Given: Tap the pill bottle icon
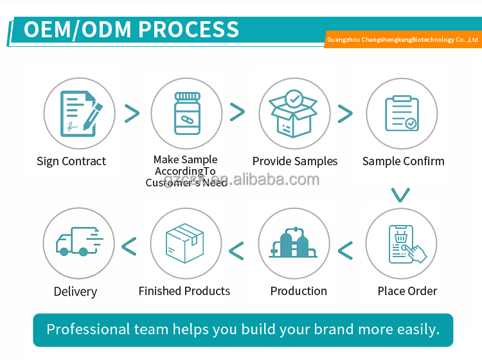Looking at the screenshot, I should point(187,114).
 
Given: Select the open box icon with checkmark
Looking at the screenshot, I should point(294,114).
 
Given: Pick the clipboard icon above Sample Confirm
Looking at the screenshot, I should point(402,114).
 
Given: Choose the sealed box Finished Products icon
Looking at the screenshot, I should point(185,243).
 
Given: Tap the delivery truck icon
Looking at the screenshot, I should point(78,243).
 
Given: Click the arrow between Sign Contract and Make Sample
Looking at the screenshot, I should point(132,113).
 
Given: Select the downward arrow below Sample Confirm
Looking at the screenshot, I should point(400,194).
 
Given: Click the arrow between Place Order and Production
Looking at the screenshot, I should point(345,250).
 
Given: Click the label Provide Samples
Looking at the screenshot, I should point(294,161).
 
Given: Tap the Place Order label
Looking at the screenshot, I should point(407,291).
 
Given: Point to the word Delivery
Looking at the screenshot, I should point(75,292).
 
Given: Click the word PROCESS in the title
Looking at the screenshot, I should point(188,30).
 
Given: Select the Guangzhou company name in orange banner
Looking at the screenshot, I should point(403,40).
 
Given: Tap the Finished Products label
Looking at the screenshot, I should point(184,291).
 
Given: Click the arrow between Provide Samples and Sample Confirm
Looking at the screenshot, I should point(345,114).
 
